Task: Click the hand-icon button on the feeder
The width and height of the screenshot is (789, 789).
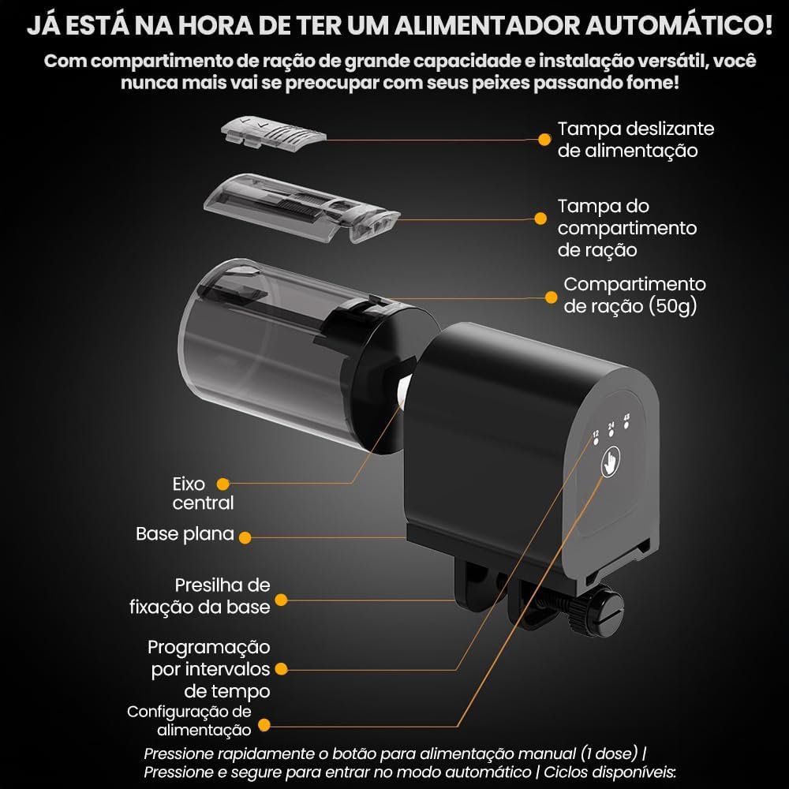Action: (611, 463)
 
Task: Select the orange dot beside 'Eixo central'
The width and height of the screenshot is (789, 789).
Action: (223, 484)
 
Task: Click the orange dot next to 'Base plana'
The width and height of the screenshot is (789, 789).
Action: (245, 538)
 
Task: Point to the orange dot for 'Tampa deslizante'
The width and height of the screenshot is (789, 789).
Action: (544, 140)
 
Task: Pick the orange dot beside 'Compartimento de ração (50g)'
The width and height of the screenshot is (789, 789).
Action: (551, 297)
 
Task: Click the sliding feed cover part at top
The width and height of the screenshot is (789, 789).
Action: (273, 133)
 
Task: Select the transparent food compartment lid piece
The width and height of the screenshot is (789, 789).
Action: (301, 208)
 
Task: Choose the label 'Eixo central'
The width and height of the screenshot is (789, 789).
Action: (203, 493)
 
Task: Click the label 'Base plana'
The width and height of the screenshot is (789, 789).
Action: (185, 534)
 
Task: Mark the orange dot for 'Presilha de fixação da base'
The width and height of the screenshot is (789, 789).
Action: (281, 600)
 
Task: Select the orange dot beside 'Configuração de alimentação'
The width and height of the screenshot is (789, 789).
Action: (264, 725)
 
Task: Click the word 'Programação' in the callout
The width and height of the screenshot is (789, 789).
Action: (209, 648)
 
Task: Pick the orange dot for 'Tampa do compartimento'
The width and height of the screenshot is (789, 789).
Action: (540, 219)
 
